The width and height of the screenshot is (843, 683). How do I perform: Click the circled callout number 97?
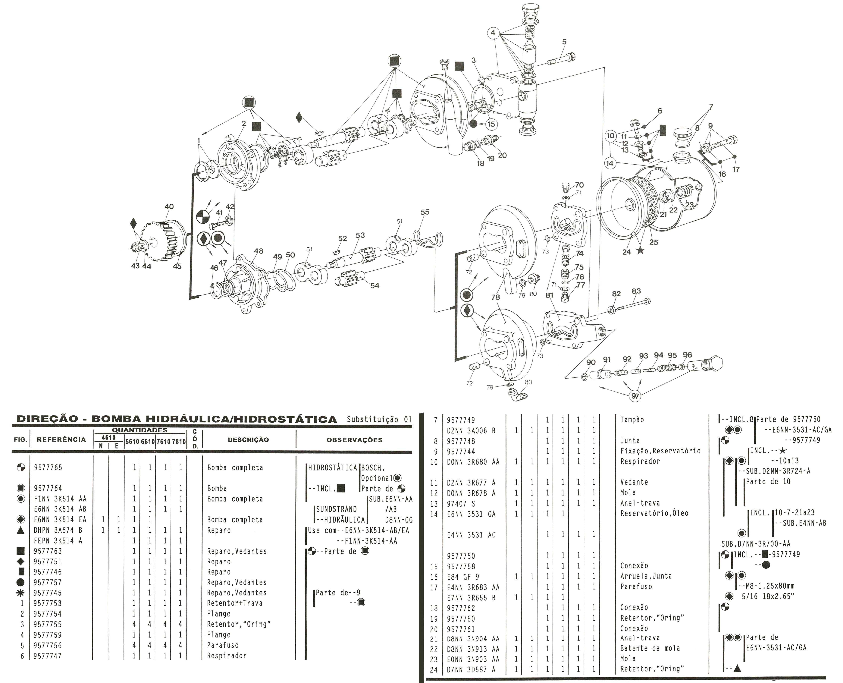(635, 396)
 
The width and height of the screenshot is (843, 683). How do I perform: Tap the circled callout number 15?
(491, 124)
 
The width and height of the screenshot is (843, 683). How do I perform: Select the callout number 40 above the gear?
(169, 206)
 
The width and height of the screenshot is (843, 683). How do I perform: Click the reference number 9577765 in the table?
(48, 468)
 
